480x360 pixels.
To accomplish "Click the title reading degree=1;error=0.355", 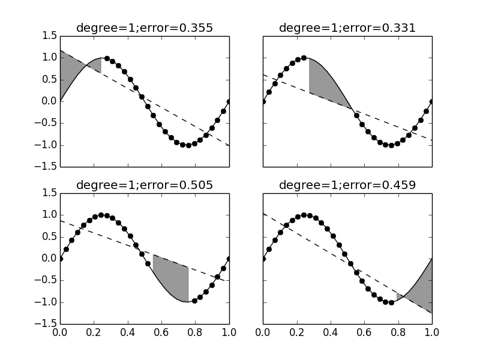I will coord(144,28).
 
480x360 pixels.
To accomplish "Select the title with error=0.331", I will coord(347,28).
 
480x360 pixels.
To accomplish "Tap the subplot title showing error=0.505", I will coord(144,185).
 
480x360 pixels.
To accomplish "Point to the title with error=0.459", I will coord(347,185).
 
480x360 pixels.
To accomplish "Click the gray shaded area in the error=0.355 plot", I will coord(75,69).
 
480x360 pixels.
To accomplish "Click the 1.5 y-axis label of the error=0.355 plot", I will coord(49,35).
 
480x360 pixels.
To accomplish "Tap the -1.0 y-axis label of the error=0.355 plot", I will coord(47,145).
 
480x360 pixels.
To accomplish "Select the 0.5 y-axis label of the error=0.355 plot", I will coord(49,79).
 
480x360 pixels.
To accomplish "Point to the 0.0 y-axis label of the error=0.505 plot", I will coord(49,259).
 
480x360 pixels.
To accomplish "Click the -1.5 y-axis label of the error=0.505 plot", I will coord(47,324).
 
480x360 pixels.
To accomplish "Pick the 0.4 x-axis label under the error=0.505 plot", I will coord(127,332).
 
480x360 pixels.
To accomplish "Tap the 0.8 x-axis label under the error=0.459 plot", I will coord(398,332).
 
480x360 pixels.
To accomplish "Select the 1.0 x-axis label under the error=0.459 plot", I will coord(432,332).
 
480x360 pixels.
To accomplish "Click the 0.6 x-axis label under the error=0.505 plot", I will coord(161,332).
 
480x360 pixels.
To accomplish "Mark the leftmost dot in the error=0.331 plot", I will coord(263,101).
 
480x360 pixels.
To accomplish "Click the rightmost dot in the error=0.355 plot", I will coord(229,101).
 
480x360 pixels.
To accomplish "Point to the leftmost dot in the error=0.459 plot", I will coord(263,259).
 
